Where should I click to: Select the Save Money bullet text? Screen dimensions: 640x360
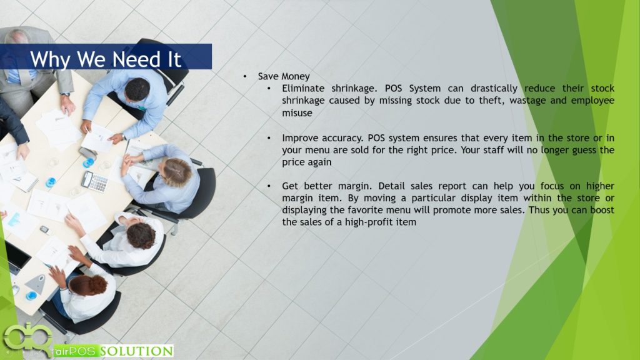[x=284, y=76]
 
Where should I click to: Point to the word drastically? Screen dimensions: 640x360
[x=494, y=89]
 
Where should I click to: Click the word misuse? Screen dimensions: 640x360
[x=297, y=112]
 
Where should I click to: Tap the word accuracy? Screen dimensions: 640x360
[x=342, y=138]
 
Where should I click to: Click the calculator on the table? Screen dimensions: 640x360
[x=95, y=181]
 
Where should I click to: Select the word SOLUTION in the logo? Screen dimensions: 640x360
[x=137, y=351]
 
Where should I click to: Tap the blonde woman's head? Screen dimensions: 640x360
[x=177, y=172]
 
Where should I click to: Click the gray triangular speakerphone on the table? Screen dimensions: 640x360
[x=36, y=284]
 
